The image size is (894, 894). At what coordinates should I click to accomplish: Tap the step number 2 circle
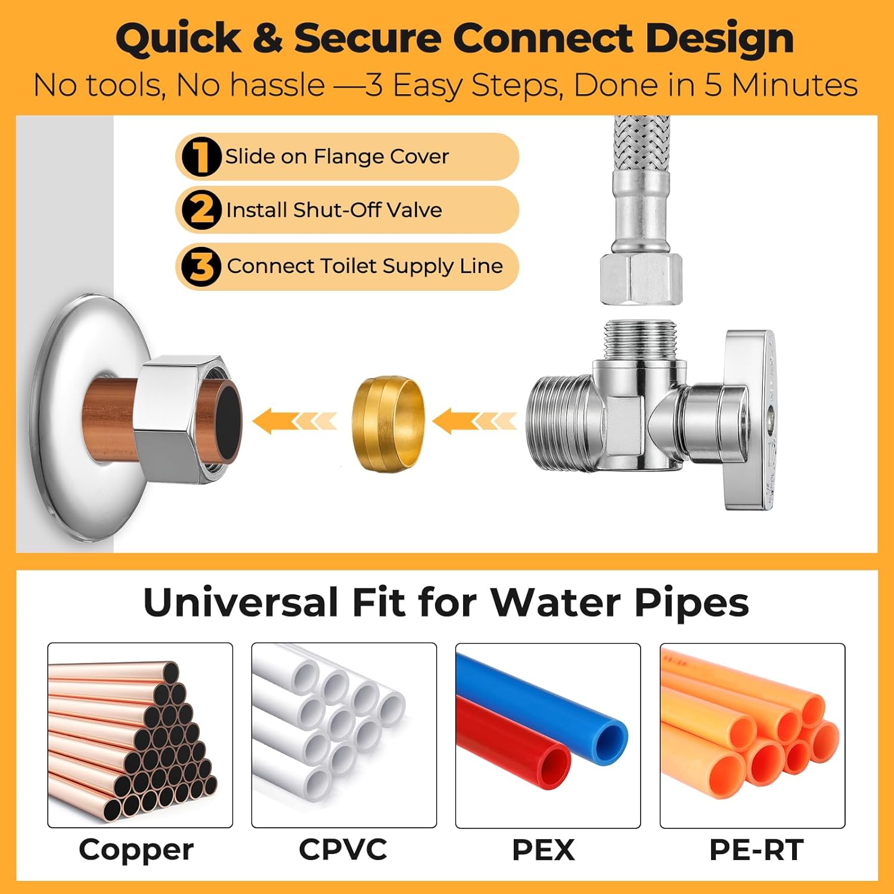201,210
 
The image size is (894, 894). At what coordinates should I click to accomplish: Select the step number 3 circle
201,266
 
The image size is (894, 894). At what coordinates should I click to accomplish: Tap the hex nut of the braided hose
641,278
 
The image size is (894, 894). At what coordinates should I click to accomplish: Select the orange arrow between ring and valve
474,421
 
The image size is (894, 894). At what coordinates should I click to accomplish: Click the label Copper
136,850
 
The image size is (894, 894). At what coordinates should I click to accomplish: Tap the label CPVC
343,850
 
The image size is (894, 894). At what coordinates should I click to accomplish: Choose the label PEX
544,850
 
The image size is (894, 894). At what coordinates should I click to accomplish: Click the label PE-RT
756,850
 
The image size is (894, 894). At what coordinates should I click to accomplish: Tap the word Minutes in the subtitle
794,85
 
